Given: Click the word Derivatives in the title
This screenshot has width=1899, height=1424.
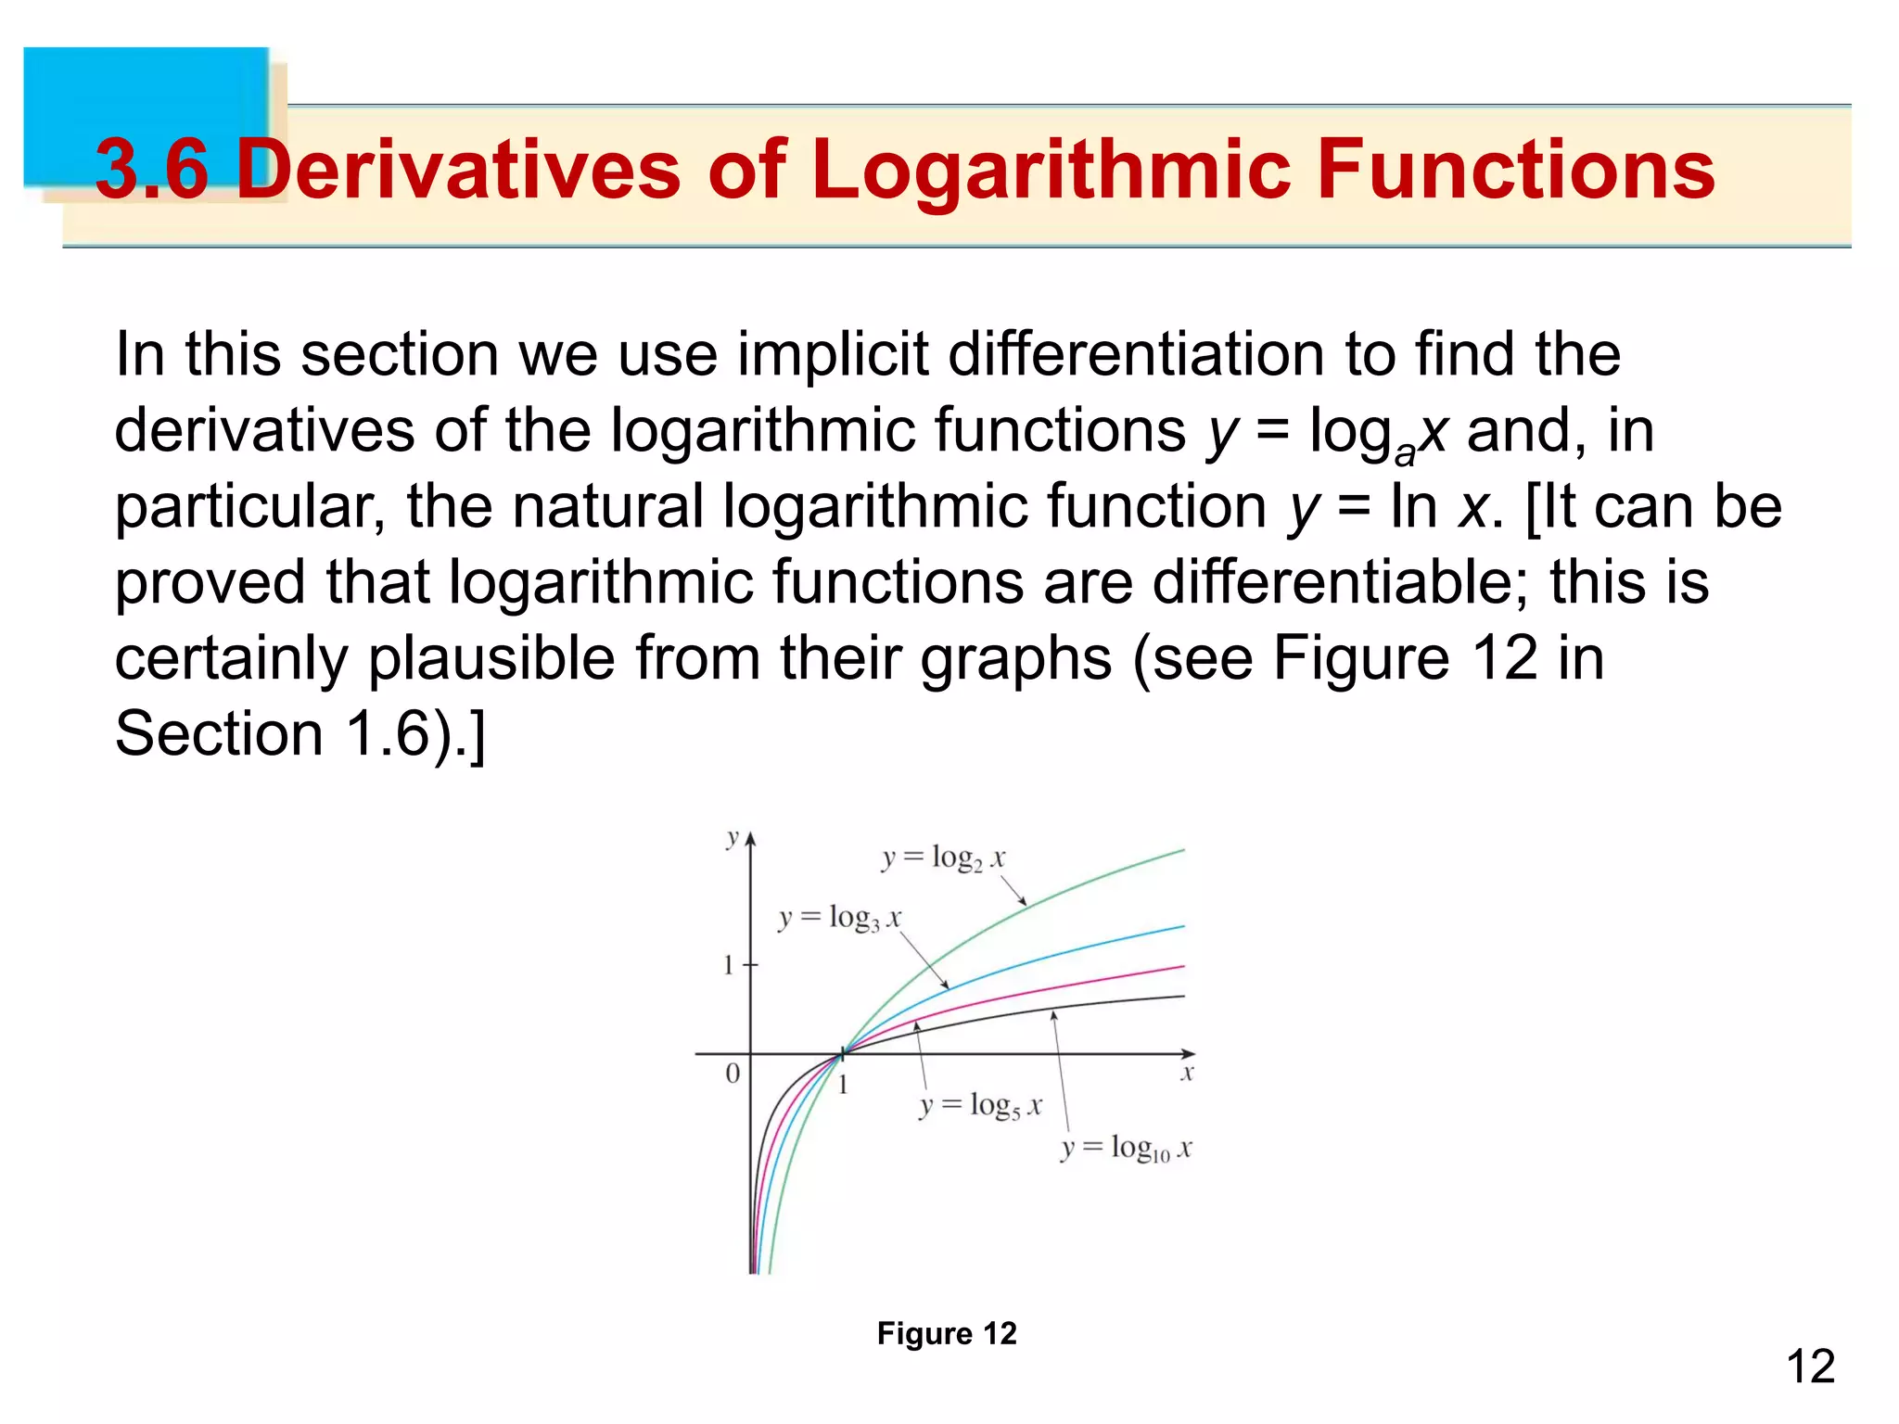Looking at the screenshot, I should tap(458, 170).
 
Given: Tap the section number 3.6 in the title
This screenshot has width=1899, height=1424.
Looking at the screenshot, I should tap(152, 170).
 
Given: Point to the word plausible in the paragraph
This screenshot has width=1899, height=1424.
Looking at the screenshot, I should tap(491, 658).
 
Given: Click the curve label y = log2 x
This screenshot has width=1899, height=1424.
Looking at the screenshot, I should tap(942, 858).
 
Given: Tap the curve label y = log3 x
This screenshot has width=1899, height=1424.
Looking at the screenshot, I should tap(839, 919).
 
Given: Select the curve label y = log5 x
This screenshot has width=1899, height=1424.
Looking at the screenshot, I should tap(980, 1106).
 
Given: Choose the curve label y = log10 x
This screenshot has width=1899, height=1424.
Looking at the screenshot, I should tap(1126, 1150).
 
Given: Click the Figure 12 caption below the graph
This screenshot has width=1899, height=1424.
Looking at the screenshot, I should tap(947, 1333).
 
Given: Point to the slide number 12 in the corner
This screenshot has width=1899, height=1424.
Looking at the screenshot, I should tap(1810, 1367).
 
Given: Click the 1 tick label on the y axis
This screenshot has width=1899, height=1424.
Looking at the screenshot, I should tap(728, 966).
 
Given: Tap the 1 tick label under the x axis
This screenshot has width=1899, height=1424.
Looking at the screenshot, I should tap(843, 1085).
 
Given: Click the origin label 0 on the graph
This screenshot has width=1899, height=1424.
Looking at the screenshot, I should tap(733, 1074).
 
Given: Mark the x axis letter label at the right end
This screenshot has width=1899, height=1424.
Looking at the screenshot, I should tap(1187, 1074).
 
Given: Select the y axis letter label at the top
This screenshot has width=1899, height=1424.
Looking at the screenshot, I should tap(733, 838).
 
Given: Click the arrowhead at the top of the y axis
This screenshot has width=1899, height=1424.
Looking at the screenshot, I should tap(751, 839).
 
